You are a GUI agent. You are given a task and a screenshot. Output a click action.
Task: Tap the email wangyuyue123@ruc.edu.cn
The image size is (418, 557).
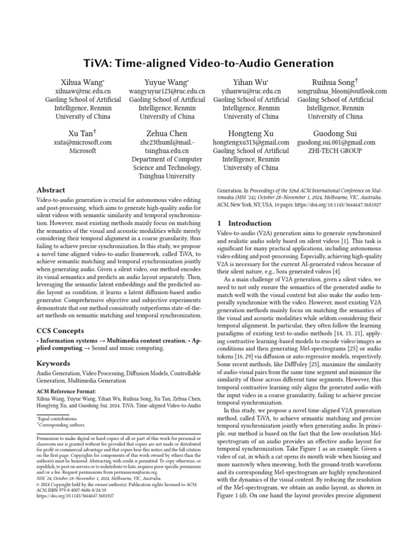click(x=167, y=91)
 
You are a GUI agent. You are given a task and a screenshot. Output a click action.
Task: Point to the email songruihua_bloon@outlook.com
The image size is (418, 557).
click(x=341, y=91)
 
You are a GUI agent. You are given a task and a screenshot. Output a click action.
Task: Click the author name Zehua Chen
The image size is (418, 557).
click(x=167, y=133)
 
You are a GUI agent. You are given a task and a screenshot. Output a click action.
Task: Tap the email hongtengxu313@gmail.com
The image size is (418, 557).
click(x=251, y=142)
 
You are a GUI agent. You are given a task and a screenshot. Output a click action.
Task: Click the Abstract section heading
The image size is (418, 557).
click(x=51, y=190)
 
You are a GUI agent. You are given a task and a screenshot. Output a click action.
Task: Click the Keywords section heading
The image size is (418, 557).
click(x=54, y=363)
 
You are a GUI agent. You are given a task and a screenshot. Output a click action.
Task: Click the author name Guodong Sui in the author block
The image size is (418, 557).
click(x=335, y=133)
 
